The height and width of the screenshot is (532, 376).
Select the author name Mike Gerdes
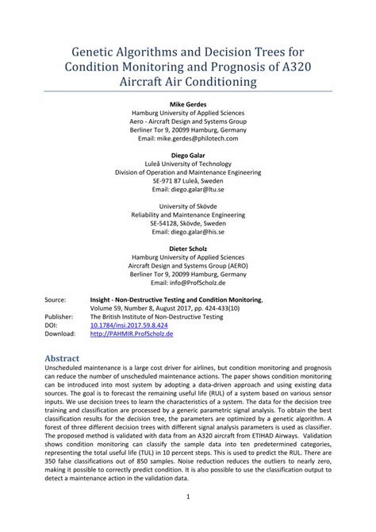187,105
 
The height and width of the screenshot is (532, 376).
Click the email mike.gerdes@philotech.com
187,138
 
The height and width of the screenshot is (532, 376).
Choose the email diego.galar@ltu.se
187,189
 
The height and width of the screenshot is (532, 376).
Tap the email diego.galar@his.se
187,231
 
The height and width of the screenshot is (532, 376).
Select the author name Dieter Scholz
187,248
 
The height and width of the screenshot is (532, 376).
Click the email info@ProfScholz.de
187,281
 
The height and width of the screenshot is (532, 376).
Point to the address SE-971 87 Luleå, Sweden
187,180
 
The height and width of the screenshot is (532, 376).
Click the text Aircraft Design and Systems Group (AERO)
187,264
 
